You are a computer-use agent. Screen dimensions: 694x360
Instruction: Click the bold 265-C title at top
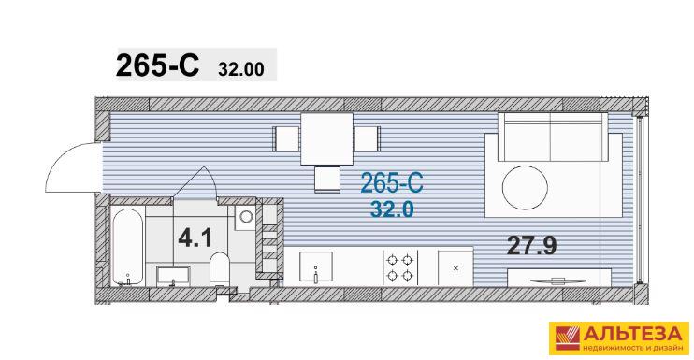(157, 65)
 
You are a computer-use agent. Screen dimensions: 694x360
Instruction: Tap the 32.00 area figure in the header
(240, 69)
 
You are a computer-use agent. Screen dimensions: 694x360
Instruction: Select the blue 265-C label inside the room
(392, 182)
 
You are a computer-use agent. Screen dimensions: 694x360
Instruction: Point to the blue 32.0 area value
(392, 209)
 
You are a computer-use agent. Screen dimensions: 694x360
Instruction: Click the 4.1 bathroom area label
(195, 238)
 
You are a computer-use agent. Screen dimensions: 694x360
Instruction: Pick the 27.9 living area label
(531, 245)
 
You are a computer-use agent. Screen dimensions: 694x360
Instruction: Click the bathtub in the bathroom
(127, 246)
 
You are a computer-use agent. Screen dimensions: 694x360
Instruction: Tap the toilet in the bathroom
(219, 269)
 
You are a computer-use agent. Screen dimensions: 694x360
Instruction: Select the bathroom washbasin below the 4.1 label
(174, 277)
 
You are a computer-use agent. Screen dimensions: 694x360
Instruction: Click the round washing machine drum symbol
(246, 217)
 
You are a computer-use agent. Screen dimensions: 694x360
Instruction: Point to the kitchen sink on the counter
(316, 266)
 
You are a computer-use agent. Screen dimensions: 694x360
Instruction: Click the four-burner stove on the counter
(400, 266)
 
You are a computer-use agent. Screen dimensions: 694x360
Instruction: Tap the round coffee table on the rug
(525, 188)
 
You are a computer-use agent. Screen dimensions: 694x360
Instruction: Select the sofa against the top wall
(554, 137)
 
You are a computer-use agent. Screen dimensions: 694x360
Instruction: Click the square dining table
(327, 139)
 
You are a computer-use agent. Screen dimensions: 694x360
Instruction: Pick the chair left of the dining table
(286, 138)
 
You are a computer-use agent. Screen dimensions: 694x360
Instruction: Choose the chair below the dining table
(327, 180)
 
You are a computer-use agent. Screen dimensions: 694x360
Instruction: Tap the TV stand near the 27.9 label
(559, 278)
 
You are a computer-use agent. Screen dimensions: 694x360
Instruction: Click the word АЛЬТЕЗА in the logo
(633, 334)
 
